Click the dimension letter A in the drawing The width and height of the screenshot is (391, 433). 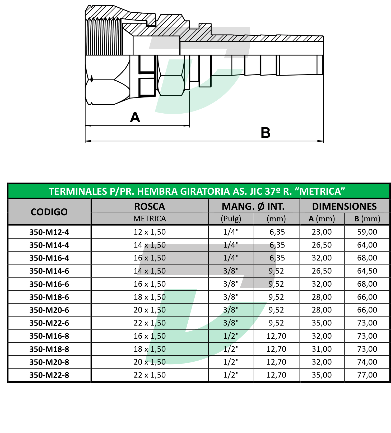tap(135, 117)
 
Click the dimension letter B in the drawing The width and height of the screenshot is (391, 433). tap(266, 133)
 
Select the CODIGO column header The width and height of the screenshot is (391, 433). tap(49, 212)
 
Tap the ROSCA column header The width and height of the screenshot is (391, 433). tap(150, 206)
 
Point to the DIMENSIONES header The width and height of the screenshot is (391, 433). tap(344, 206)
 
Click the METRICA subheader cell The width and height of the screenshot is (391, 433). tap(150, 219)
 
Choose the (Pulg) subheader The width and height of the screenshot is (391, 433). tap(231, 219)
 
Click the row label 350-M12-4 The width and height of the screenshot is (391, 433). tap(49, 232)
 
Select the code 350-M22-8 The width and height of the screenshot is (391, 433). tap(49, 375)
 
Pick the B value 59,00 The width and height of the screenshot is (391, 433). tap(367, 232)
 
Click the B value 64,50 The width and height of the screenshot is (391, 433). tap(367, 271)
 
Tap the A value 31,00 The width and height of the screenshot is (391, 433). tap(322, 349)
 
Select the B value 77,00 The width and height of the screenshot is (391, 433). tap(367, 375)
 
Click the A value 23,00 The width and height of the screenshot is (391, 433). tap(322, 232)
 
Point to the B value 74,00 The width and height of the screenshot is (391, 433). tap(367, 362)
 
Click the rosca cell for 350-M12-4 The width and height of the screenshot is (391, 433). tap(150, 232)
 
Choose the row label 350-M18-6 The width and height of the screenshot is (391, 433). tap(49, 297)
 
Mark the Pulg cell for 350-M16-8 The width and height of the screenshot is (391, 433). tap(231, 336)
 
